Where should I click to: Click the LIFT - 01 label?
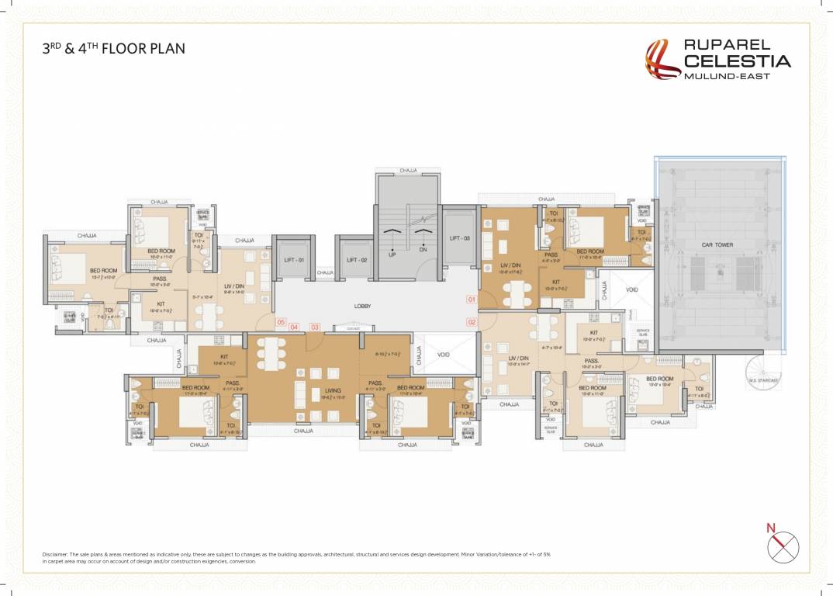tap(293, 260)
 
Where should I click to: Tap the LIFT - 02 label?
tap(357, 260)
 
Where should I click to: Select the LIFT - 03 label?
tap(459, 238)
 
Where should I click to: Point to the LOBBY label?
tap(362, 307)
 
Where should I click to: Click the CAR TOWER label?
tap(717, 244)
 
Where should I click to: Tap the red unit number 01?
tap(471, 299)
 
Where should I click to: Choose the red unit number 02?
tap(471, 321)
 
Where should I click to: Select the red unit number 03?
tap(314, 327)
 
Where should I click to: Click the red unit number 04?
tap(294, 327)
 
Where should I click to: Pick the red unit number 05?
tap(280, 322)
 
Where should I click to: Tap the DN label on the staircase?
tap(423, 251)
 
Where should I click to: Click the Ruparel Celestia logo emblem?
tap(663, 60)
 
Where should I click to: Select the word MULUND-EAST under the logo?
tap(726, 76)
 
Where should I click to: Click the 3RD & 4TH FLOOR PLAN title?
tap(113, 49)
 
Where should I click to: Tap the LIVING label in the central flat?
tap(333, 391)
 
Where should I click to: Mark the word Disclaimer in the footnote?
tap(57, 555)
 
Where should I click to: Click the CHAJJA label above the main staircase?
tap(408, 170)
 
